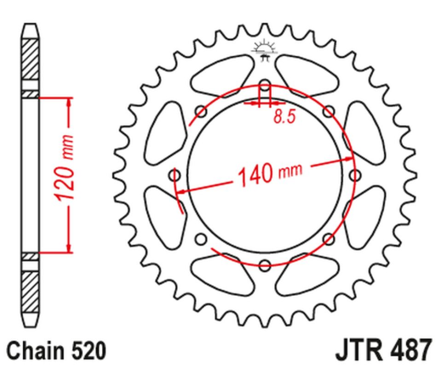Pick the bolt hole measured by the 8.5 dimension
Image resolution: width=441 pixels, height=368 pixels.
(x=263, y=86)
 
